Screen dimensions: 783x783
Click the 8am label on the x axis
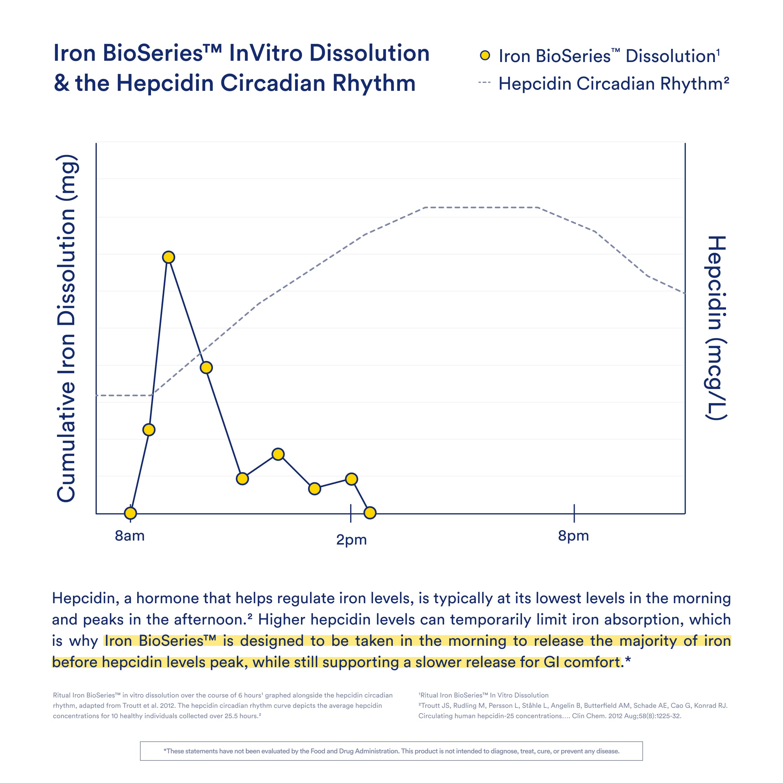tap(130, 536)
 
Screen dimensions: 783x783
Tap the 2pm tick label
tap(351, 540)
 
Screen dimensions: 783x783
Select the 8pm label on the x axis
tap(573, 536)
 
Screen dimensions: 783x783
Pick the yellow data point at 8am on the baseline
tap(130, 513)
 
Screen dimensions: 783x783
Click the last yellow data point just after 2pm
tap(370, 513)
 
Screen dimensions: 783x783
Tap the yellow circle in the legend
tap(485, 55)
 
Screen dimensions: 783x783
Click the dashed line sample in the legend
tap(484, 83)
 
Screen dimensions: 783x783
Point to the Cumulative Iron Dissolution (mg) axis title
tap(66, 328)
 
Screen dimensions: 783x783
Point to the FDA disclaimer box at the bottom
tap(391, 751)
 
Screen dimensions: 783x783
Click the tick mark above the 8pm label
tap(574, 513)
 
